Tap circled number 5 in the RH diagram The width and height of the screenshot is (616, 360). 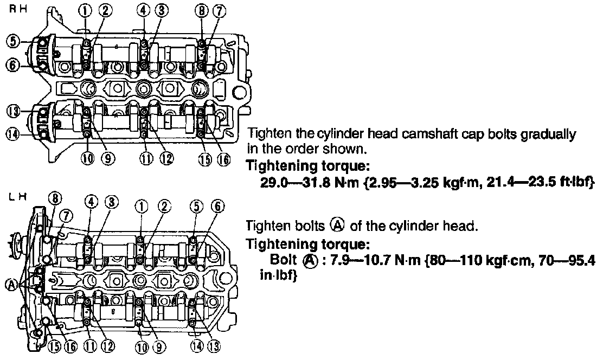click(14, 41)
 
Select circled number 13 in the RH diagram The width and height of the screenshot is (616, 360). click(14, 111)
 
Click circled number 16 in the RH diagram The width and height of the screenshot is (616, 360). click(223, 159)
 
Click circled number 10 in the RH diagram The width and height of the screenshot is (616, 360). click(87, 159)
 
